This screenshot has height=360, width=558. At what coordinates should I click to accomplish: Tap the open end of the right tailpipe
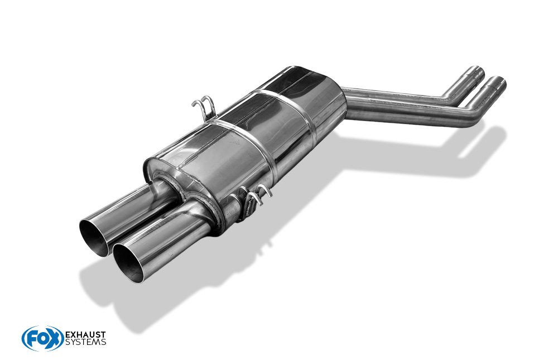(130, 258)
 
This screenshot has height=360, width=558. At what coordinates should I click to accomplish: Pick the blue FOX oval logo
(42, 338)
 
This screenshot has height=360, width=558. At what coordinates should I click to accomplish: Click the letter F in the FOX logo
(31, 339)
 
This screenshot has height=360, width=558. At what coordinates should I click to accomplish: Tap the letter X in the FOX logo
(54, 339)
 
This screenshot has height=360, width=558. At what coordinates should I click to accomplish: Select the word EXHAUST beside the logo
(85, 334)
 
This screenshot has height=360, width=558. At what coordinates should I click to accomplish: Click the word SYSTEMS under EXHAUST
(85, 342)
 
